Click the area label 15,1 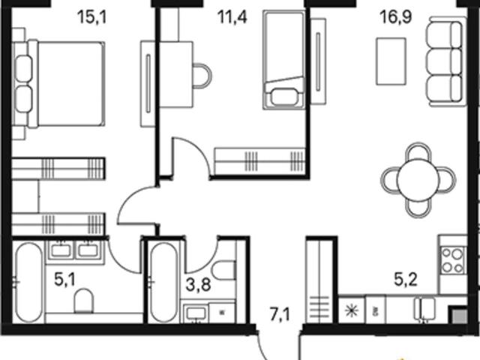92,17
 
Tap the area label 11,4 232,16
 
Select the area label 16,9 395,16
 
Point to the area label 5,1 64,280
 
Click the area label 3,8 198,285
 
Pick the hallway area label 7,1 280,314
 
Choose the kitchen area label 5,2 406,280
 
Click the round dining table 418,180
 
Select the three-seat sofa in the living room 445,61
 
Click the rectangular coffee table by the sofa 391,61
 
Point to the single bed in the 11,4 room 283,60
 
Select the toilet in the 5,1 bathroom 83,301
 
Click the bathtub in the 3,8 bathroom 163,283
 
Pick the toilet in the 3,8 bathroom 224,270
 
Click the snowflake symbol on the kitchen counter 352,310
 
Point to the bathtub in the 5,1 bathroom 29,283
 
